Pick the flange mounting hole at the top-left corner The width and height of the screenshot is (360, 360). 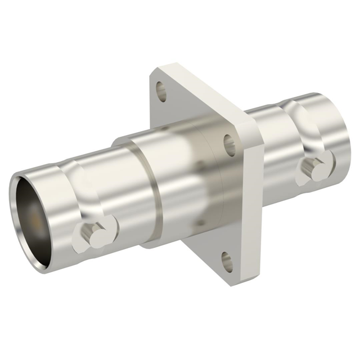coord(161,88)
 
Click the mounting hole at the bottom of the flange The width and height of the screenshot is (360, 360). coord(227,262)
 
